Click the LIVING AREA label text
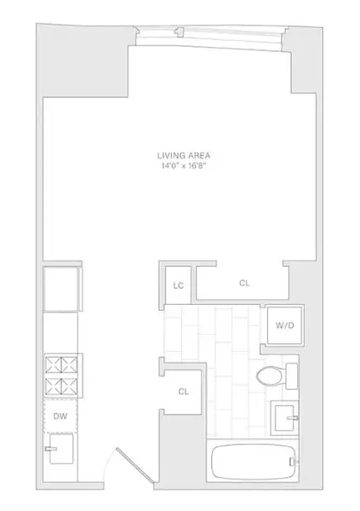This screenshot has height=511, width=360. coord(183,155)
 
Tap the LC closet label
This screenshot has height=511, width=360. coord(179,286)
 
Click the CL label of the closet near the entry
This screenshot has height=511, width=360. coord(183,392)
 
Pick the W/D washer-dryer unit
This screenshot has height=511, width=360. coord(280,324)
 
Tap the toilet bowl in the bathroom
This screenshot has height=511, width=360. coord(268,376)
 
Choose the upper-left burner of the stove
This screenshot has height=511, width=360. coord(52,365)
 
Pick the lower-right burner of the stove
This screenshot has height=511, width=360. coord(71,384)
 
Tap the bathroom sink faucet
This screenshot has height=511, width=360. coord(296,416)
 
